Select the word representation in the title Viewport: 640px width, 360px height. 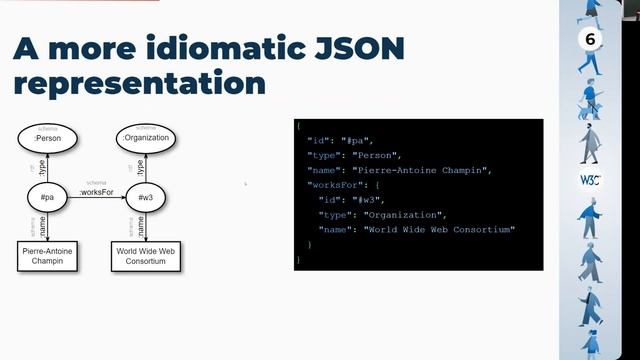click(139, 83)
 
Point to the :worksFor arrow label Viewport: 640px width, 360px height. click(97, 190)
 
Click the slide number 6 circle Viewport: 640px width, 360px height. click(590, 40)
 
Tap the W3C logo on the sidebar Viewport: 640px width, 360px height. click(589, 180)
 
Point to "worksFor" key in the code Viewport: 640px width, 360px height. click(337, 186)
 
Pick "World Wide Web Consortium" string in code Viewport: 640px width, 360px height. click(439, 230)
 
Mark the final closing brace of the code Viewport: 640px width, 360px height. click(298, 259)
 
